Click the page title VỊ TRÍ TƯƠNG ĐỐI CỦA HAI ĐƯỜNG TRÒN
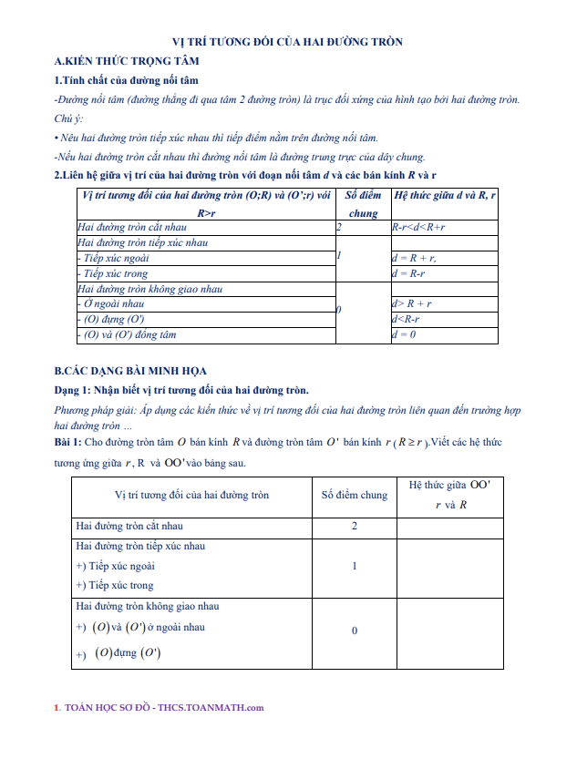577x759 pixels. tap(288, 42)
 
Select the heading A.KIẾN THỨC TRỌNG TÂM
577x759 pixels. tap(127, 61)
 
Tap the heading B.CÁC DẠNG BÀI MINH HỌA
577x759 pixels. tap(130, 370)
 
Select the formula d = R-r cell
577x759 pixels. tap(408, 273)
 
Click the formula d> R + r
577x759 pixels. tap(411, 303)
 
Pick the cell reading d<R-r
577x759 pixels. tap(406, 319)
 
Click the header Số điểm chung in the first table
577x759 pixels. tap(362, 203)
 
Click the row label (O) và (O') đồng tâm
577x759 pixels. tap(127, 334)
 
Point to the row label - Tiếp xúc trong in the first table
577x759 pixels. tap(115, 273)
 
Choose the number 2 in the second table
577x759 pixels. tap(354, 527)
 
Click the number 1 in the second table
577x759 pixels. tap(354, 566)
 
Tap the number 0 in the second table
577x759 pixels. tap(354, 631)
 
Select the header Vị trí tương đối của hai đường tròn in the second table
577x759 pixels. tap(191, 496)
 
